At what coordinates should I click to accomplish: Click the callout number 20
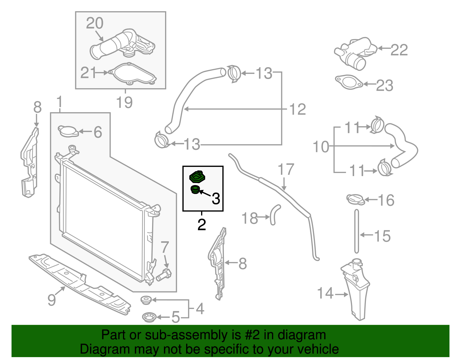[95, 23]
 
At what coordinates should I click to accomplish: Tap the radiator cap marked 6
[68, 131]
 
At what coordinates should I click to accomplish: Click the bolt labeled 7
[164, 274]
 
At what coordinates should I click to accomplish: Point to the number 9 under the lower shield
[52, 300]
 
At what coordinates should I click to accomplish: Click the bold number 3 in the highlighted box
[216, 199]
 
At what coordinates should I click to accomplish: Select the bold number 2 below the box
[202, 225]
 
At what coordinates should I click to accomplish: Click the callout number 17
[286, 169]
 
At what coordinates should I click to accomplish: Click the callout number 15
[382, 236]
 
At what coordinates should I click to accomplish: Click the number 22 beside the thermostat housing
[399, 50]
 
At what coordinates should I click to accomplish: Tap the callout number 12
[298, 110]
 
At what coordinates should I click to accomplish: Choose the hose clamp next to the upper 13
[234, 73]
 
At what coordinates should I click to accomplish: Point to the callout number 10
[321, 147]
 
